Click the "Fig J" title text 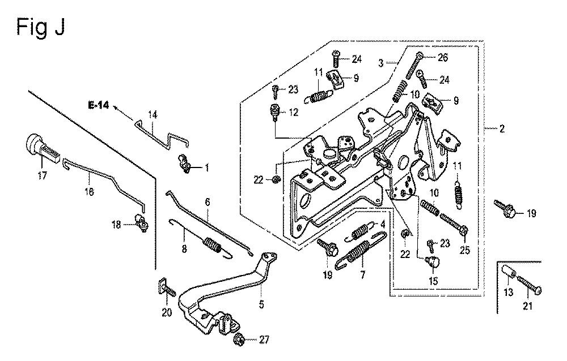click(41, 27)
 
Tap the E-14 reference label click(97, 105)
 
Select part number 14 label click(152, 115)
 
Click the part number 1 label click(207, 167)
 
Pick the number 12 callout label click(293, 113)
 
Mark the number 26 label click(443, 57)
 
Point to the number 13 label click(509, 292)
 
